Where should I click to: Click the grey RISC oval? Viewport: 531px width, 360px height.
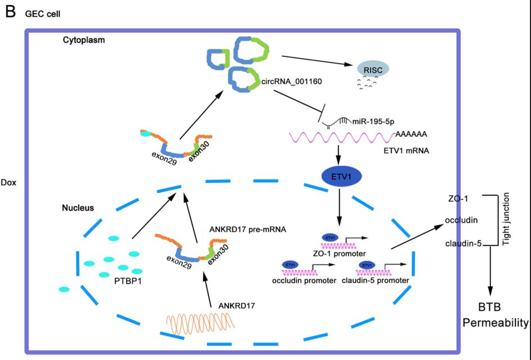[373, 69]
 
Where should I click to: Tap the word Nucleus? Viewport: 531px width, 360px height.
[78, 208]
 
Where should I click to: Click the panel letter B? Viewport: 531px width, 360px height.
[10, 11]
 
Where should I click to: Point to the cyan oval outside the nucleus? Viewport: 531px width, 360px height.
[64, 290]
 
